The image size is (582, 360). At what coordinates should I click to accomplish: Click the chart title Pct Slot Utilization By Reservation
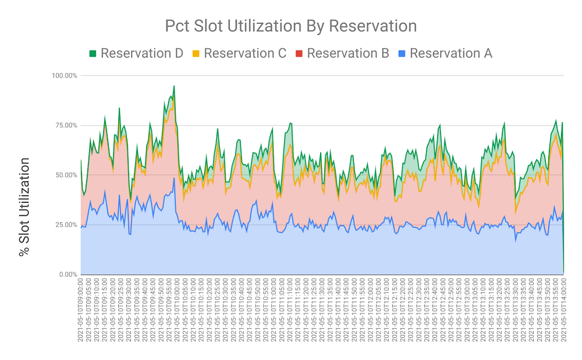[x=290, y=26]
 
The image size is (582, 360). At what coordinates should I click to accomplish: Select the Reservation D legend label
[x=141, y=54]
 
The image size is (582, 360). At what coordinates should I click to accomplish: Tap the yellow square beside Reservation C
[x=196, y=54]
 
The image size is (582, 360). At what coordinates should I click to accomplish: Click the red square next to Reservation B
[x=299, y=54]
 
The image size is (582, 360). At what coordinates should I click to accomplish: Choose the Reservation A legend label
[x=450, y=54]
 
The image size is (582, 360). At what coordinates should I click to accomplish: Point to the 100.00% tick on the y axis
[x=63, y=76]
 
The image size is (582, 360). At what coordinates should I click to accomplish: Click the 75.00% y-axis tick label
[x=65, y=126]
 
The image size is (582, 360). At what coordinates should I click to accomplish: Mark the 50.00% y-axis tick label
[x=65, y=175]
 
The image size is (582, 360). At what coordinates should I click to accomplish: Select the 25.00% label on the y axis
[x=65, y=224]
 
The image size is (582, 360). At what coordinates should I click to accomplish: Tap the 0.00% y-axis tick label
[x=66, y=275]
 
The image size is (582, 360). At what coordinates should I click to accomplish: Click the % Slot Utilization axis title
[x=24, y=207]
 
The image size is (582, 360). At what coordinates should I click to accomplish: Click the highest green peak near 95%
[x=174, y=86]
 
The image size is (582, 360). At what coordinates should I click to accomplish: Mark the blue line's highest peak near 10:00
[x=174, y=178]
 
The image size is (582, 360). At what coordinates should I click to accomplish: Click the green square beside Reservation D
[x=93, y=54]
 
